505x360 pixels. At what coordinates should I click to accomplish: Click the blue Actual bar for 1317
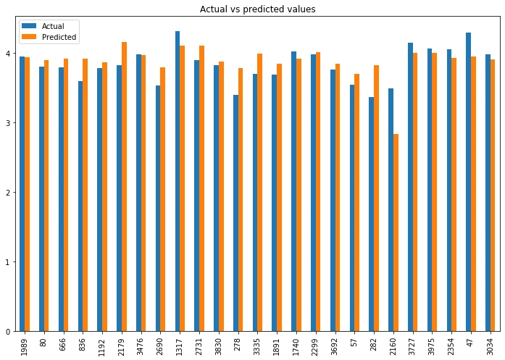point(178,181)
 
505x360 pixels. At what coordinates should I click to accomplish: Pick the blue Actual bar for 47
point(469,182)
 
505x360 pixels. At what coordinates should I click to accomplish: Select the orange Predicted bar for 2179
point(124,187)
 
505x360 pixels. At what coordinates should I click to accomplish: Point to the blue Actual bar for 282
point(372,214)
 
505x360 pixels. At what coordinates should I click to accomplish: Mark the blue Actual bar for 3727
point(410,187)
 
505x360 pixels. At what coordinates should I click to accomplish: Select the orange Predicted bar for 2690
point(163,199)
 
